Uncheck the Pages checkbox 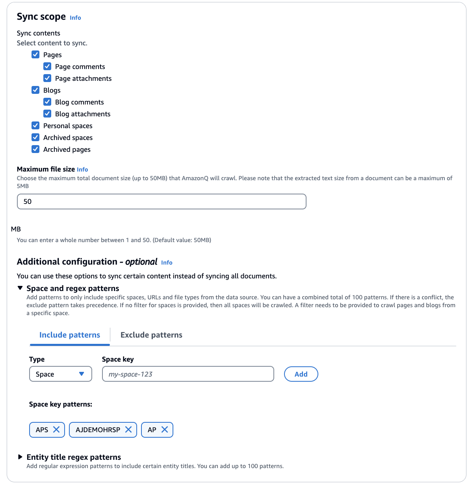point(35,54)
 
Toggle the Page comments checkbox point(47,66)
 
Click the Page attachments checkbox point(47,78)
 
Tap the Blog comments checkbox point(47,102)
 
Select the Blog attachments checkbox point(47,114)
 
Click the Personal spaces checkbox point(35,125)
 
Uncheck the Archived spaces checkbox point(35,137)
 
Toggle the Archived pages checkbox point(35,149)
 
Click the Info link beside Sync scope point(75,18)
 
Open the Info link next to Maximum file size point(82,170)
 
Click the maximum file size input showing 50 point(162,202)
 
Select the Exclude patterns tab point(151,335)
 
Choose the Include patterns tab point(70,335)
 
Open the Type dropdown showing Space point(61,374)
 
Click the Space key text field point(188,374)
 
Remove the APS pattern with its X point(56,429)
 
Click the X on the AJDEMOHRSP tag point(128,429)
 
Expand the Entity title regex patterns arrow point(20,457)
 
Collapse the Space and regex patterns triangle point(20,288)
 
